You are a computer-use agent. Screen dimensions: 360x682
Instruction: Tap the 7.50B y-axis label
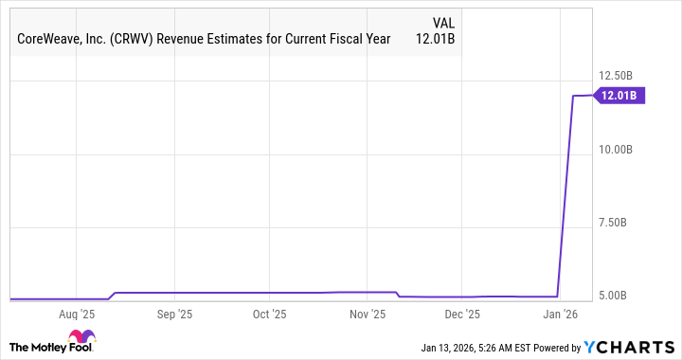point(622,223)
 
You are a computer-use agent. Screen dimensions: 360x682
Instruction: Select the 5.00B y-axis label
point(622,296)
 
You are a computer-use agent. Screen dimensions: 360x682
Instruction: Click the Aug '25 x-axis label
point(77,313)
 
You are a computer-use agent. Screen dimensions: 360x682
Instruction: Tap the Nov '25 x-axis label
point(368,313)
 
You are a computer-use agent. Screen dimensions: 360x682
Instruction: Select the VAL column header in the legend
point(444,21)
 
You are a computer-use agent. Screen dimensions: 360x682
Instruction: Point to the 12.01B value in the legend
point(438,40)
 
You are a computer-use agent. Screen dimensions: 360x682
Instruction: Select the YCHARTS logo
point(629,347)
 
